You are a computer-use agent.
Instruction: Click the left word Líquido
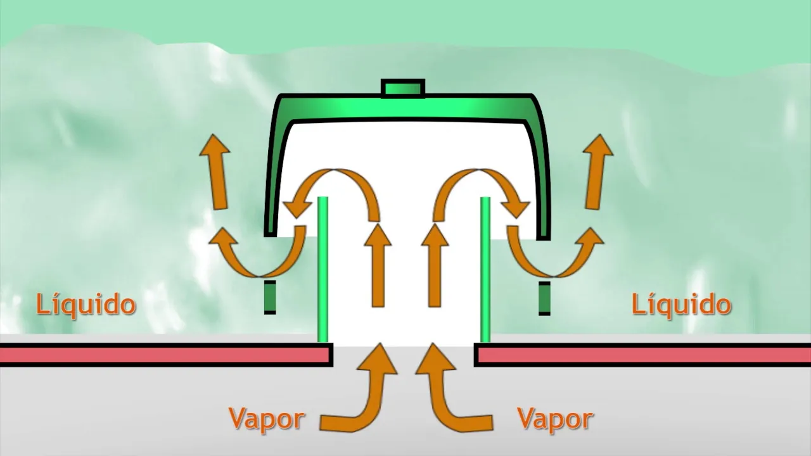pyautogui.click(x=86, y=305)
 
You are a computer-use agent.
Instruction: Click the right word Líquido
pyautogui.click(x=682, y=305)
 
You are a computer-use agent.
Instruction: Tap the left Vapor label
pyautogui.click(x=267, y=419)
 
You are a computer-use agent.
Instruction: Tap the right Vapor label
pyautogui.click(x=555, y=419)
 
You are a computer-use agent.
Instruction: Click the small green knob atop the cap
pyautogui.click(x=403, y=89)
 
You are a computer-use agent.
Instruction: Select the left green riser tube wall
pyautogui.click(x=323, y=269)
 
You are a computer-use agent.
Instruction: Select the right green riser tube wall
pyautogui.click(x=486, y=269)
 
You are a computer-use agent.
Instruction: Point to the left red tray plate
pyautogui.click(x=165, y=355)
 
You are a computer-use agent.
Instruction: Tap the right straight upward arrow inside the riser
pyautogui.click(x=435, y=266)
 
